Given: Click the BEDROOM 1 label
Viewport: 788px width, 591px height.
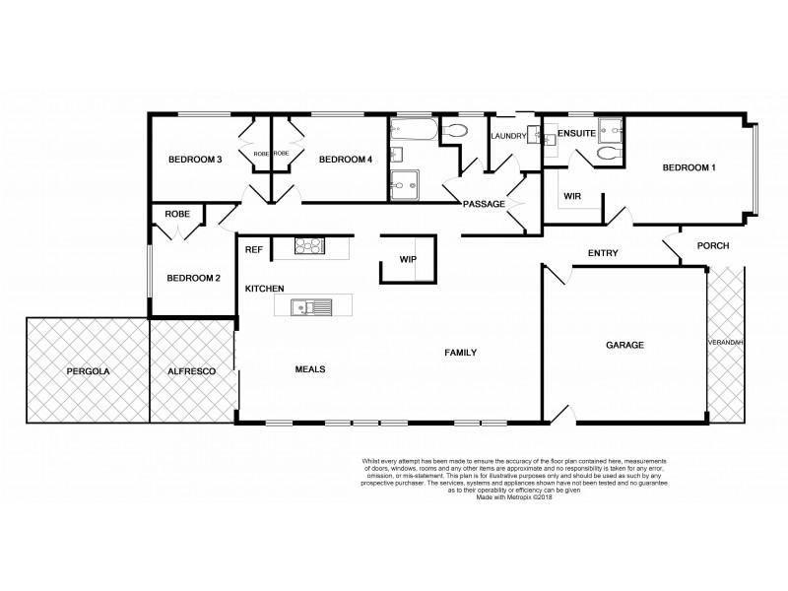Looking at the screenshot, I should pyautogui.click(x=688, y=168).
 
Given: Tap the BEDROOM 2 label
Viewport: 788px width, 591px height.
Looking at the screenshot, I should pyautogui.click(x=193, y=278).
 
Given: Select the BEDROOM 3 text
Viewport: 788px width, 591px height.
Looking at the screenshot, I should pyautogui.click(x=193, y=160).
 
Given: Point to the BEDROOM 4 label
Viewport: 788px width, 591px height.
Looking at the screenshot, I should pyautogui.click(x=344, y=160).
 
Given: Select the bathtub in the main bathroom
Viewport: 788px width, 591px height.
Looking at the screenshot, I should pyautogui.click(x=409, y=132).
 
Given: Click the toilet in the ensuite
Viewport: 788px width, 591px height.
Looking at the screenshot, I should pyautogui.click(x=606, y=156).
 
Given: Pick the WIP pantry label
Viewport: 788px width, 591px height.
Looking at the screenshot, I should pyautogui.click(x=408, y=260).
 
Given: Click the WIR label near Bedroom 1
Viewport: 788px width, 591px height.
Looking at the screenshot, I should pyautogui.click(x=573, y=197).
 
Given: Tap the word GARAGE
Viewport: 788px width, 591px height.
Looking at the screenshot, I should pyautogui.click(x=624, y=346).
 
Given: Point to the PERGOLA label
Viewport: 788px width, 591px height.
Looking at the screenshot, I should pyautogui.click(x=87, y=371).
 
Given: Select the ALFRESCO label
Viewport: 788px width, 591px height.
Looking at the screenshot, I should pyautogui.click(x=191, y=371).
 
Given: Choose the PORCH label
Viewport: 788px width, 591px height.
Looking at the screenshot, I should pyautogui.click(x=712, y=245).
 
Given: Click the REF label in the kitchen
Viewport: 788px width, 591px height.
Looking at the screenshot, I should pyautogui.click(x=254, y=250).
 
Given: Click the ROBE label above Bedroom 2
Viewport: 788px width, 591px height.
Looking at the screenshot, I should pyautogui.click(x=177, y=213).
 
